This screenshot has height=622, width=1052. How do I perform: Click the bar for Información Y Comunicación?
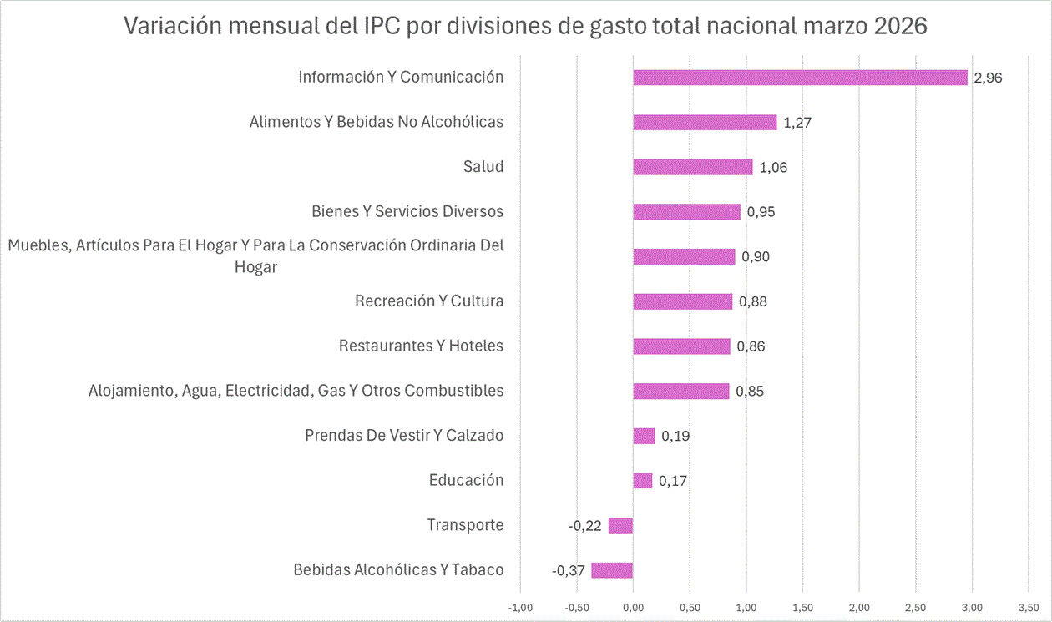click(x=800, y=78)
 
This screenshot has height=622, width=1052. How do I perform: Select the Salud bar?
click(x=692, y=167)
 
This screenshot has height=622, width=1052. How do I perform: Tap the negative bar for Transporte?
click(x=620, y=525)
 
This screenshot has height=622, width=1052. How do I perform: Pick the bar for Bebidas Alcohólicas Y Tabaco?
click(x=612, y=570)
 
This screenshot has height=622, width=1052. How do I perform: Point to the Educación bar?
click(x=642, y=480)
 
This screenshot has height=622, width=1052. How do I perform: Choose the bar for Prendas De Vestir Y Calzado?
click(x=644, y=436)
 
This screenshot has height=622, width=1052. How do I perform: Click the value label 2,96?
click(x=988, y=78)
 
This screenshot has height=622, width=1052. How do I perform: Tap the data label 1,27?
click(x=797, y=123)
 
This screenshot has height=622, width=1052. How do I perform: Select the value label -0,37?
click(x=569, y=570)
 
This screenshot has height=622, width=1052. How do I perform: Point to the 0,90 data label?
click(x=756, y=256)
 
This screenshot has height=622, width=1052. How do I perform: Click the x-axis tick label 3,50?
click(x=1028, y=605)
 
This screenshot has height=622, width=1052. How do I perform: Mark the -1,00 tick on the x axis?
click(x=520, y=605)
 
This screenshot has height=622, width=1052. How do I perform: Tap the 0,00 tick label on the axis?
click(x=633, y=605)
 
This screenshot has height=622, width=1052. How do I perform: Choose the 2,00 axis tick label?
click(x=859, y=605)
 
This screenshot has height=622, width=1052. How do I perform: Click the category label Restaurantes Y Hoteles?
click(x=421, y=346)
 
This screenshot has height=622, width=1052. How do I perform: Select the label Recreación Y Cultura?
click(x=429, y=301)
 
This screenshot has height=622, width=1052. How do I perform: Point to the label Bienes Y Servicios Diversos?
click(x=407, y=211)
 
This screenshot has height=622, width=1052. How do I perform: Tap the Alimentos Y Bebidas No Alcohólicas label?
click(x=377, y=122)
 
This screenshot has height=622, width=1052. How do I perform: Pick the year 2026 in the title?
click(x=902, y=26)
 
